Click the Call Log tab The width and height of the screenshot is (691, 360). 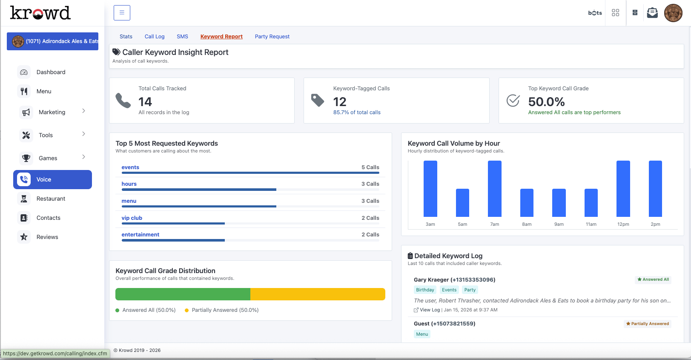[x=154, y=37]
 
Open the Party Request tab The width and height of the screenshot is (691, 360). [x=272, y=37]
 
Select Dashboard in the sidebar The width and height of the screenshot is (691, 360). [x=51, y=72]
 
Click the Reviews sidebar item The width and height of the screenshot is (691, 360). [x=47, y=237]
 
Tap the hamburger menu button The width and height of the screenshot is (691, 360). [x=122, y=13]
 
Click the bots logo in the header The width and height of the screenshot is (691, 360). [x=595, y=13]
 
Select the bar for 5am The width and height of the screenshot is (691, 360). [x=462, y=203]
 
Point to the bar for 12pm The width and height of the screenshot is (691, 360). [x=623, y=188]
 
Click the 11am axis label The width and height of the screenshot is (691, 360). [x=591, y=224]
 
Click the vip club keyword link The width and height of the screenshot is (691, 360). [x=132, y=218]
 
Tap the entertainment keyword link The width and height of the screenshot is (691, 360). [x=140, y=234]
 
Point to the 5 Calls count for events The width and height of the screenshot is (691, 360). [x=370, y=167]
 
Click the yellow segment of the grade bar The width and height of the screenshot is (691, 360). [x=317, y=294]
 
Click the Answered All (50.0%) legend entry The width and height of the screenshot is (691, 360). [x=146, y=310]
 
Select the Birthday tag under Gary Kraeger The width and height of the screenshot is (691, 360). [x=425, y=290]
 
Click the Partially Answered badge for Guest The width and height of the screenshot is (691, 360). [x=647, y=324]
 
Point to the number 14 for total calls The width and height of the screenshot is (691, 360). [x=145, y=102]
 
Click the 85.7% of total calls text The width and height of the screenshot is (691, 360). [x=356, y=112]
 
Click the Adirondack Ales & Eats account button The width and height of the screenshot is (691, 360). [x=53, y=41]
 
